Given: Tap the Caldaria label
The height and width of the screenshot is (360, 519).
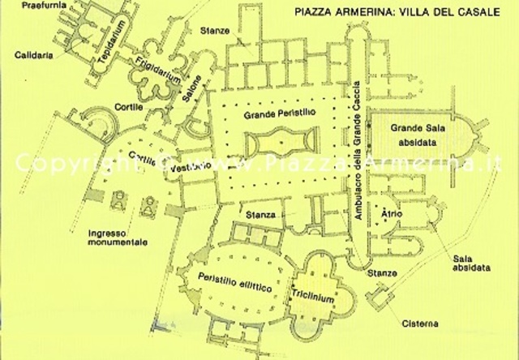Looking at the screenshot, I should (x=29, y=55).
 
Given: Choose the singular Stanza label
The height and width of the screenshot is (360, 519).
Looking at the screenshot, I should (x=260, y=215).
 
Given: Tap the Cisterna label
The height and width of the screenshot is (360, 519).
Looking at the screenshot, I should (x=420, y=324).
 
